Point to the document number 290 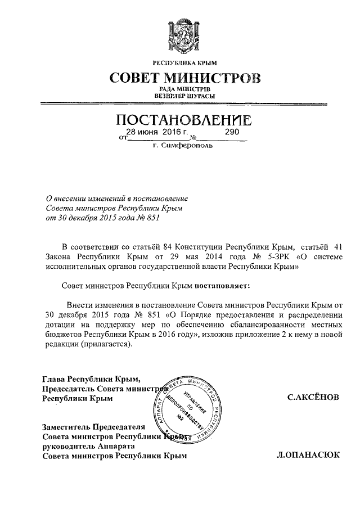[232, 132]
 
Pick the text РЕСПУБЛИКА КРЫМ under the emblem [181, 62]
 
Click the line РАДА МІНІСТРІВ [181, 89]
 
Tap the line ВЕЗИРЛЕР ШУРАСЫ [181, 96]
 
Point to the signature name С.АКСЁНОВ [313, 398]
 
